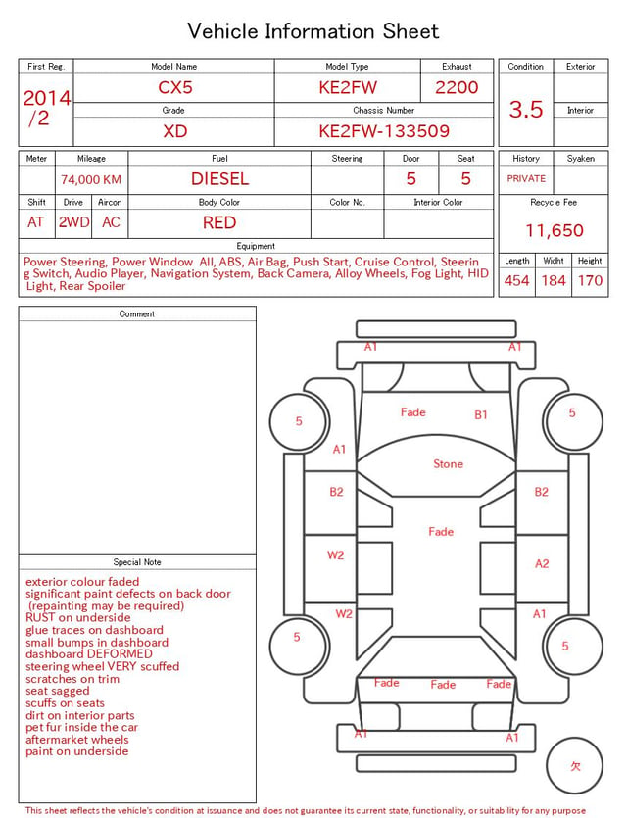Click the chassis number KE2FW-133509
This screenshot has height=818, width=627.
point(384,131)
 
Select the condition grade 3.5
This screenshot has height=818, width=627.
point(526,109)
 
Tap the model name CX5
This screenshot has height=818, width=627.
point(175,87)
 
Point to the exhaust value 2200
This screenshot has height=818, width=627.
point(457,87)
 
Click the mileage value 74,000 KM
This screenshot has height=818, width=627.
point(91,180)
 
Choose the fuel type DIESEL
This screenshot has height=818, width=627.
point(219,179)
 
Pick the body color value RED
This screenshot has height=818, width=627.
point(219,222)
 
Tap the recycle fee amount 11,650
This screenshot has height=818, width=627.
point(554,230)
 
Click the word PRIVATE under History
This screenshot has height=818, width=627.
point(526,178)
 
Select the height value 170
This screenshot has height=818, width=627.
point(590,280)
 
